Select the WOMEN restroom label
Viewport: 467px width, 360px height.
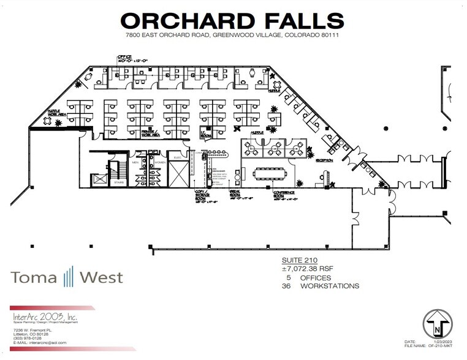[x=160, y=162]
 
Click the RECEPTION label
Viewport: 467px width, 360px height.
[x=324, y=160]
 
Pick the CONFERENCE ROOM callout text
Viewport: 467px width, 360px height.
[x=284, y=195]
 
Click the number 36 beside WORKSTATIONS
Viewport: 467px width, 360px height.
[x=286, y=286]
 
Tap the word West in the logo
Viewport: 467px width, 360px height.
[x=100, y=277]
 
